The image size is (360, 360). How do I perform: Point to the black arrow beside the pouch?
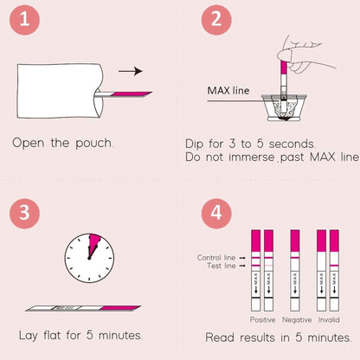(x=130, y=72)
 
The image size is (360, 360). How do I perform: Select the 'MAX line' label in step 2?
(x=230, y=90)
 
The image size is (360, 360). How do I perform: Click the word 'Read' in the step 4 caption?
(x=221, y=337)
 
